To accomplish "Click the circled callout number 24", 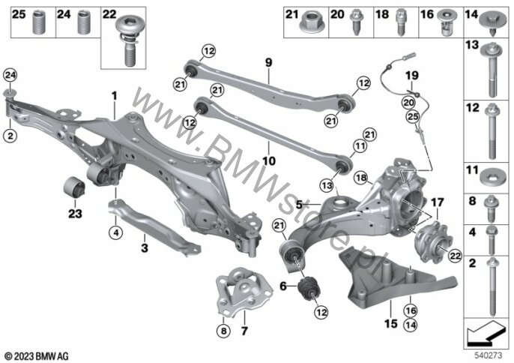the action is click(x=10, y=76).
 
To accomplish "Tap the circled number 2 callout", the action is click(x=10, y=135).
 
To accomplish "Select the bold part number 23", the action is click(x=75, y=214).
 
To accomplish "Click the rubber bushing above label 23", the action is click(x=73, y=187).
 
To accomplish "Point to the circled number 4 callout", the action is click(x=115, y=232).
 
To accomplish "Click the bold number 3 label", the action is click(x=145, y=247).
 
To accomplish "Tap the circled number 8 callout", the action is click(x=223, y=331).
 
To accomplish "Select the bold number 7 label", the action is click(x=244, y=331).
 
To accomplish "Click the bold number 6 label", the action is click(x=283, y=286).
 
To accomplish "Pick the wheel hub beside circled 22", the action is click(x=433, y=242).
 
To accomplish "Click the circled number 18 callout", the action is click(x=361, y=178).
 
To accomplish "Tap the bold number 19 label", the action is click(x=412, y=76).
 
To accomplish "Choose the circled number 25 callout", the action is click(x=413, y=116).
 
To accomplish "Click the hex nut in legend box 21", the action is click(x=312, y=22).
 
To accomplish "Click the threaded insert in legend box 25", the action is click(x=38, y=22).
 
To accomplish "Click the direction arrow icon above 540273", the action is click(x=486, y=333).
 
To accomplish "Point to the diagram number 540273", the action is click(x=488, y=355).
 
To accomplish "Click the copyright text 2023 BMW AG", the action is click(x=37, y=356).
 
